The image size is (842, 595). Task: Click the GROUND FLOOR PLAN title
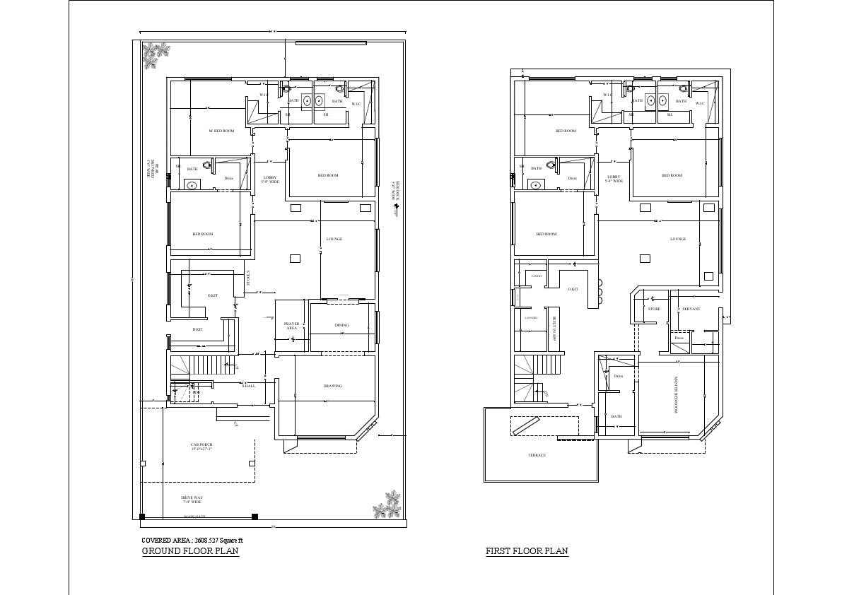(190, 551)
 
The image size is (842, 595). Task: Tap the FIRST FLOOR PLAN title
(527, 551)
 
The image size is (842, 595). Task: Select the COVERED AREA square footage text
(192, 540)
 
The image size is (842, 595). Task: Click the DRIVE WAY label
(192, 499)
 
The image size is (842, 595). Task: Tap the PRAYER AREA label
(292, 326)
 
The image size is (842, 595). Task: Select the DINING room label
(342, 325)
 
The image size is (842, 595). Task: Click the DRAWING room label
(333, 386)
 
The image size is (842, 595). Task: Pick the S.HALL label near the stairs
(248, 386)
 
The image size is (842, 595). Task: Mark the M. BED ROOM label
(221, 131)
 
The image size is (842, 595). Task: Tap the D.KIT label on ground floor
(197, 329)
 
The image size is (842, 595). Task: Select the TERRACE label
(537, 455)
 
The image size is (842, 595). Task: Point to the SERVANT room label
(691, 309)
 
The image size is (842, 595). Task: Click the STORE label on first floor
(654, 309)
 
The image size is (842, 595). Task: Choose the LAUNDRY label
(532, 318)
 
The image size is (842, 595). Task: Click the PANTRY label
(537, 276)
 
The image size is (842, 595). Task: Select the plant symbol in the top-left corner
(156, 55)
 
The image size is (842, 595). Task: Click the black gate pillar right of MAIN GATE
(255, 517)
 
